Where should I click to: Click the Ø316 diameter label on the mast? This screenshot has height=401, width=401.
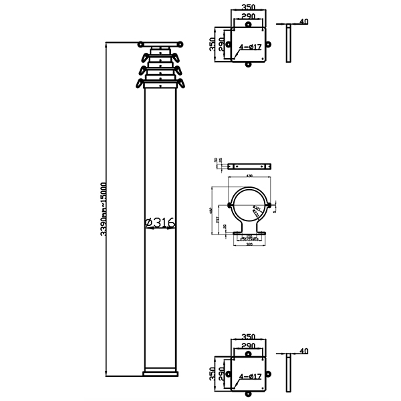[x=160, y=223]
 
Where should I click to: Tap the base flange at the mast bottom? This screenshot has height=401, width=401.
[x=160, y=372]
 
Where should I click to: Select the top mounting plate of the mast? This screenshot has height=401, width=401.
[x=160, y=45]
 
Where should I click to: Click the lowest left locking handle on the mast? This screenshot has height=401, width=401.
[x=140, y=84]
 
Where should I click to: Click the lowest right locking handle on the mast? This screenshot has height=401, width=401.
[x=180, y=84]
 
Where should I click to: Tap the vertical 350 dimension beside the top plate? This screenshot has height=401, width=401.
[x=213, y=44]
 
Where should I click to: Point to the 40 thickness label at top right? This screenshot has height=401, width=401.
[x=304, y=22]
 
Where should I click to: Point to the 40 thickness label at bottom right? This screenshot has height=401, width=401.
[x=304, y=351]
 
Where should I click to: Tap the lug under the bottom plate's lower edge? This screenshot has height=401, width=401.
[x=249, y=394]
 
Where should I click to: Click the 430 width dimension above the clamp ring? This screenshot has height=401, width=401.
[x=249, y=176]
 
